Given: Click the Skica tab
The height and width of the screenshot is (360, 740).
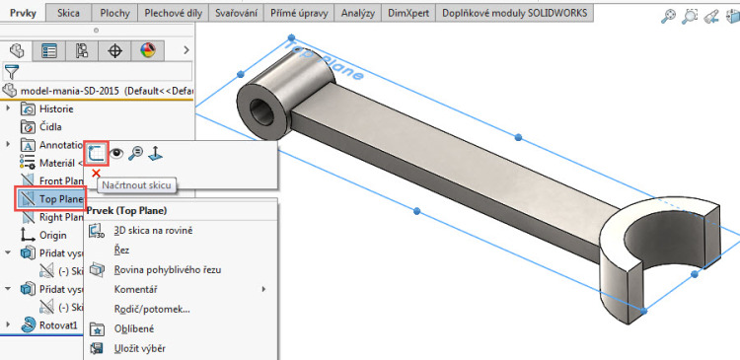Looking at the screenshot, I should coord(69,14).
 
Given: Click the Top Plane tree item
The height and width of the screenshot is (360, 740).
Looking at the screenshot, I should coord(59,198).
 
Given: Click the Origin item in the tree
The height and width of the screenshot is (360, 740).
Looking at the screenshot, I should coord(53,235).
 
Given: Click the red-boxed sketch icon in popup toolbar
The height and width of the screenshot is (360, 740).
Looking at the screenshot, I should coord(95,153).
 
